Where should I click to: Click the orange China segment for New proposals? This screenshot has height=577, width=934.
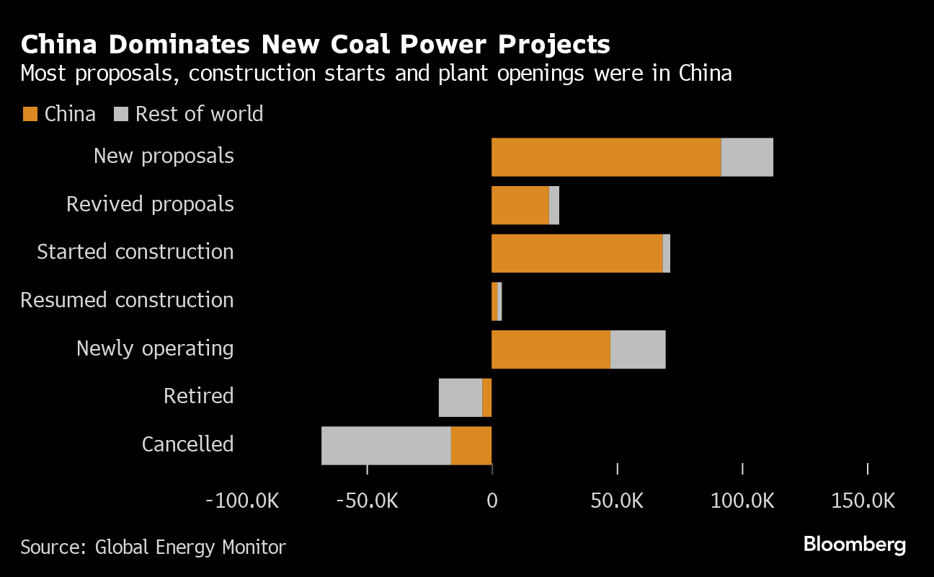click(x=605, y=157)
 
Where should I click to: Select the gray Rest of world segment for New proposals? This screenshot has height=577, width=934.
click(x=747, y=157)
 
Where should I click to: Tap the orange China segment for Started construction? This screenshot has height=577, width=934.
click(x=577, y=253)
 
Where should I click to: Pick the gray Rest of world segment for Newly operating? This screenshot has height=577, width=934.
click(x=638, y=349)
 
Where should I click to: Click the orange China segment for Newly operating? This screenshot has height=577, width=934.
click(x=551, y=349)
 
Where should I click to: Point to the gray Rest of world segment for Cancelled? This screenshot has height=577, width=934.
click(x=386, y=445)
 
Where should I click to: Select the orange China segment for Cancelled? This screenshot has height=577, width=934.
click(x=471, y=445)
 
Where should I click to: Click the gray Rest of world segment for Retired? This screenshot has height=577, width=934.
click(x=460, y=397)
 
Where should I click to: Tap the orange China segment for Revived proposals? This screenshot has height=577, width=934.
click(x=520, y=205)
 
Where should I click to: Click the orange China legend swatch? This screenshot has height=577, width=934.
click(x=30, y=114)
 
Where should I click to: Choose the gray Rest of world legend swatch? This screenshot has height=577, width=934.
click(x=121, y=114)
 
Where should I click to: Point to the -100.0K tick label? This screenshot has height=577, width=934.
click(x=242, y=501)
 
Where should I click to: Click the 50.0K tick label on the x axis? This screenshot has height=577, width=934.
click(x=617, y=501)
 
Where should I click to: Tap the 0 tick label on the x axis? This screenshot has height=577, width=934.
click(x=492, y=501)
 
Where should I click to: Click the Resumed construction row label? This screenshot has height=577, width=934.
click(x=127, y=300)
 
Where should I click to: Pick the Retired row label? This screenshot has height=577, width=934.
click(x=198, y=396)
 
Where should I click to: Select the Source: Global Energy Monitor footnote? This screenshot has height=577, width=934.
click(x=153, y=547)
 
